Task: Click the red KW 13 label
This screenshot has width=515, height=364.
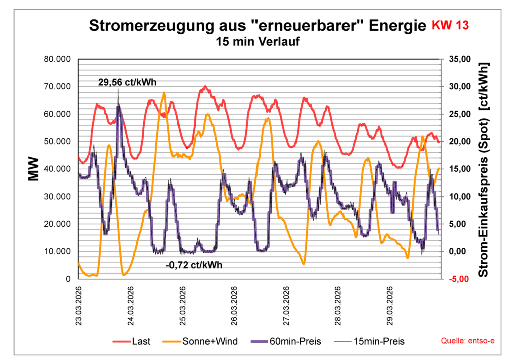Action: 450,26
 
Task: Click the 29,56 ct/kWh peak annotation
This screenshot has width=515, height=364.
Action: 124,82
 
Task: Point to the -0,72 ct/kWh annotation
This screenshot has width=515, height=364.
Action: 194,265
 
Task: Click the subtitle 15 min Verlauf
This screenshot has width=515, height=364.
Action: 257,42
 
